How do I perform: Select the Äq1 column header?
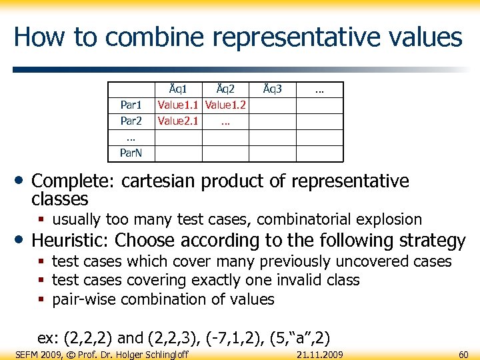coord(178,89)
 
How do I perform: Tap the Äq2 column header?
coord(225,89)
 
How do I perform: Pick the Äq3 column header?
coord(272,89)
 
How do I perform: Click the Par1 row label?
coord(131,105)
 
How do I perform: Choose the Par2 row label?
coord(131,121)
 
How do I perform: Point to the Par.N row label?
coord(131,153)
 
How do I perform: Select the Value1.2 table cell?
coord(225,105)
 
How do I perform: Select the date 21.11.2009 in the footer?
coord(319,354)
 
